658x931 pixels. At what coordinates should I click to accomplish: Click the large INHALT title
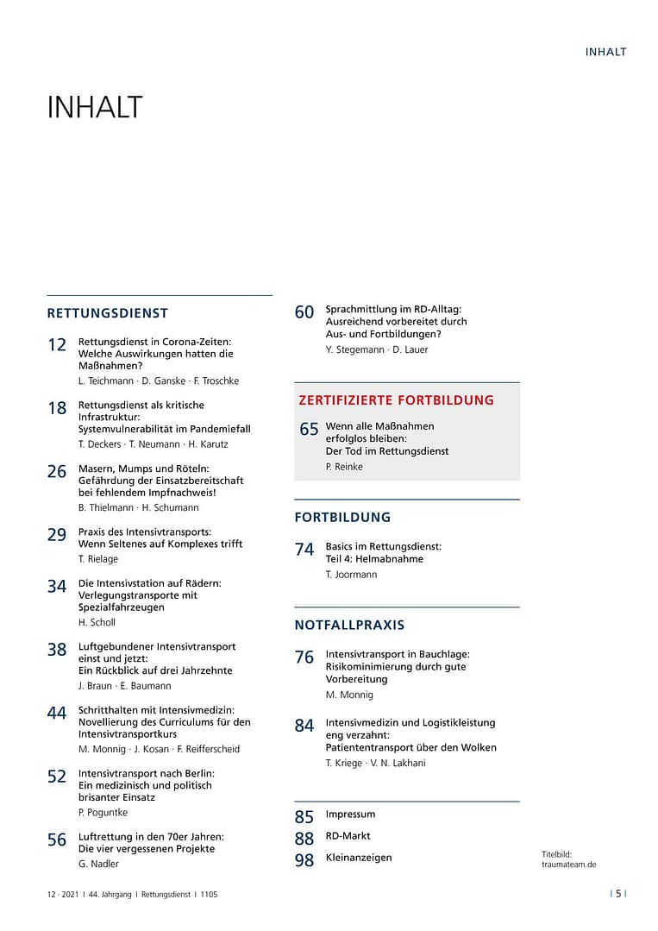click(95, 108)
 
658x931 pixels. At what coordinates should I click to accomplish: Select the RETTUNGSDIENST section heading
click(108, 313)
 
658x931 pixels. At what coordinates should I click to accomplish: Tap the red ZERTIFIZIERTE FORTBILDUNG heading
click(396, 400)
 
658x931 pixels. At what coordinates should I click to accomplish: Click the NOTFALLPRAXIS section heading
click(349, 625)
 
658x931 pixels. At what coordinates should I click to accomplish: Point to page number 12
click(57, 345)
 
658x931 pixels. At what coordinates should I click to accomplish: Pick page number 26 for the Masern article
click(57, 472)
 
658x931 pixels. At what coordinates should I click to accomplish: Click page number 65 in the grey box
click(309, 430)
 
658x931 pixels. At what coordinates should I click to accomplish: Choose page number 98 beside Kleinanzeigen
click(304, 860)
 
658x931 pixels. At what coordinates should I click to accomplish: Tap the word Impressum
click(350, 815)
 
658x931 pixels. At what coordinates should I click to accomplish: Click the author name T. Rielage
click(98, 559)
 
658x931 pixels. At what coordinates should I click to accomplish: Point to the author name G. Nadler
click(98, 864)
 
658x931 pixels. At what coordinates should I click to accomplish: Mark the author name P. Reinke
click(344, 467)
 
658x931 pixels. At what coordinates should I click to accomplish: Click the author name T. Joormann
click(351, 575)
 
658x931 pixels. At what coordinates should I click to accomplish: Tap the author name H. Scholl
click(97, 622)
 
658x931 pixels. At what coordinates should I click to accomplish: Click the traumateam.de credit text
click(568, 864)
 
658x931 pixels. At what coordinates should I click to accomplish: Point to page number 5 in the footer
click(618, 894)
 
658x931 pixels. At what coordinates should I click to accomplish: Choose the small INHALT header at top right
click(605, 52)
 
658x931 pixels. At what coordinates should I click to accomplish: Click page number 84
click(304, 727)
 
